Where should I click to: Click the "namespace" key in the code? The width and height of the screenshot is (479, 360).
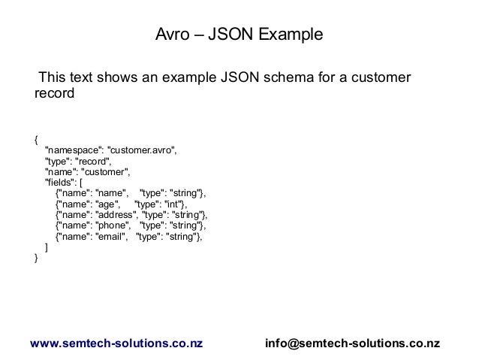(x=74, y=150)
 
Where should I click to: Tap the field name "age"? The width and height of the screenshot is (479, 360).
(x=109, y=203)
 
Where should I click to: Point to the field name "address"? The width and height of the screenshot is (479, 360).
(x=114, y=213)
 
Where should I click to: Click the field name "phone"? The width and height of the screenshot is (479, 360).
(x=112, y=225)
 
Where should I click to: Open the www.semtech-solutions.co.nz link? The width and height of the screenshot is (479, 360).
(x=116, y=343)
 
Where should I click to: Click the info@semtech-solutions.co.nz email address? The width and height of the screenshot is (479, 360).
(x=352, y=343)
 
